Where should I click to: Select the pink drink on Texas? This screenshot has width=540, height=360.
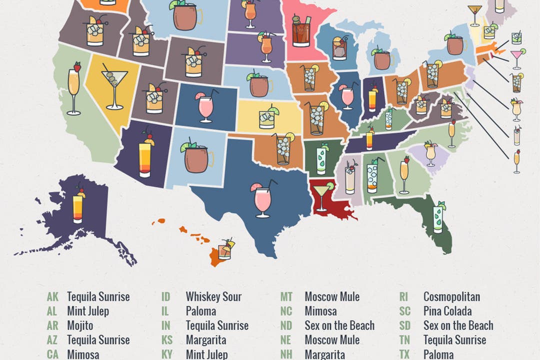262,199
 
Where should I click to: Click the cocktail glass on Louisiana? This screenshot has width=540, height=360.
321,196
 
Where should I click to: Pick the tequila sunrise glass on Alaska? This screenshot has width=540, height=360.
78,203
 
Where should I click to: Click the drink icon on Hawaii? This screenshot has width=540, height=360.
226,248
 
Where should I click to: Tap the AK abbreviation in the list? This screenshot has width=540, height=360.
52,297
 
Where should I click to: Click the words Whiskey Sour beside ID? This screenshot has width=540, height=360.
213,297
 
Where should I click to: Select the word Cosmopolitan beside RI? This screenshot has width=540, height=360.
451,297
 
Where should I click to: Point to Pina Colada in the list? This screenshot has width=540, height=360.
447,311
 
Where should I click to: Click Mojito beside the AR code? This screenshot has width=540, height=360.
80,326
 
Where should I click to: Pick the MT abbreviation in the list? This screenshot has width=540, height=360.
286,297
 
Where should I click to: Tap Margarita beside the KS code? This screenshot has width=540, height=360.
205,340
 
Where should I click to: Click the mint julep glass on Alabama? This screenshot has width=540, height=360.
372,175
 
